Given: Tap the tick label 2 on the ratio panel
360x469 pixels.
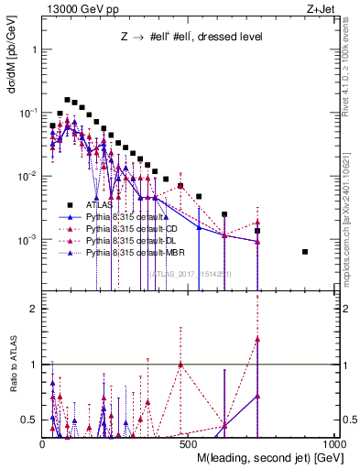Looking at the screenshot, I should click(32, 309).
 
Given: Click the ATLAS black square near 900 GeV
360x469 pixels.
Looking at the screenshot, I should click(305, 251).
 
